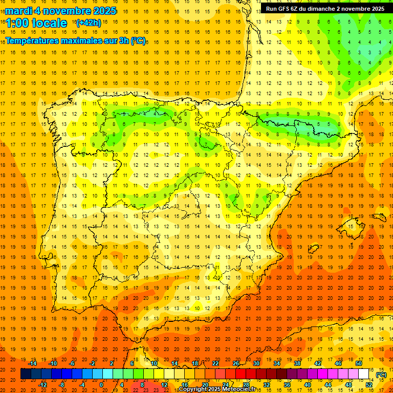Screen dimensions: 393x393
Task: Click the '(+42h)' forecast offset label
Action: pyautogui.click(x=89, y=23)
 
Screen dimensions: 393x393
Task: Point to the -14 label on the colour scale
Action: pyautogui.click(x=32, y=363)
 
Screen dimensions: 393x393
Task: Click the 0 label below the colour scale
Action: pyautogui.click(x=102, y=385)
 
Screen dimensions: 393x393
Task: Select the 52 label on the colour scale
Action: pyautogui.click(x=369, y=385)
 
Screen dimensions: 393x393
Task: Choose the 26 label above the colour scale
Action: pyautogui.click(x=236, y=363)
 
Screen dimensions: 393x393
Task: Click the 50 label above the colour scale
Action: pyautogui.click(x=359, y=363)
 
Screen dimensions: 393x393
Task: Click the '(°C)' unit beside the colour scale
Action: pyautogui.click(x=381, y=375)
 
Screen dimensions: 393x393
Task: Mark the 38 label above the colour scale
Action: pyautogui.click(x=297, y=363)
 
